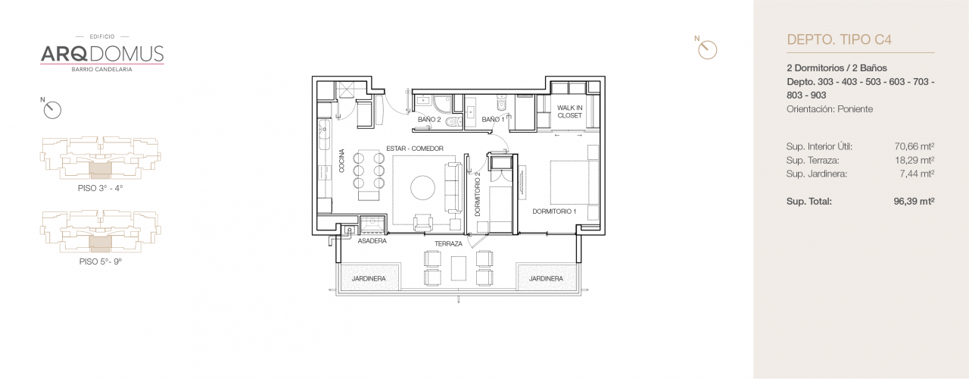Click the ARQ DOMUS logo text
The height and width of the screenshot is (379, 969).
tap(101, 53)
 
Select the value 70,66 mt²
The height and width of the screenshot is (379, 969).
tap(914, 146)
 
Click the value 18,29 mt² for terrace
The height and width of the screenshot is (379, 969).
tap(914, 160)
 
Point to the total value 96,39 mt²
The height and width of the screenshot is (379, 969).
tap(914, 201)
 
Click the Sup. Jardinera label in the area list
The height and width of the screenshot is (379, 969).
tap(816, 174)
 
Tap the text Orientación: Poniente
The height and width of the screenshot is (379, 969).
tap(830, 109)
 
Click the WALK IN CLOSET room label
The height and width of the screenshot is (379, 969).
tap(569, 111)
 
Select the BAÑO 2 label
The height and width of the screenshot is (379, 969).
tap(428, 120)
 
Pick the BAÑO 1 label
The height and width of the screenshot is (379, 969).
tap(493, 120)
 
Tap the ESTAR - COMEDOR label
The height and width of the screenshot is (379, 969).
tap(414, 149)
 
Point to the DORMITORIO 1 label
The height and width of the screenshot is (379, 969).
tap(554, 211)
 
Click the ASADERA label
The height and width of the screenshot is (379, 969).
tap(372, 241)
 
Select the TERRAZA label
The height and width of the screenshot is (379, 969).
tap(448, 244)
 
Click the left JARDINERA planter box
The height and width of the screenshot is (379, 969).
tap(369, 278)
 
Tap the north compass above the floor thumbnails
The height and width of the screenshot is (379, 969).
tap(51, 110)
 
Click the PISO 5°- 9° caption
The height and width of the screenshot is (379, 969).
tap(100, 261)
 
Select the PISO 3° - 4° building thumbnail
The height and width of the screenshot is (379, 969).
tap(100, 159)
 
